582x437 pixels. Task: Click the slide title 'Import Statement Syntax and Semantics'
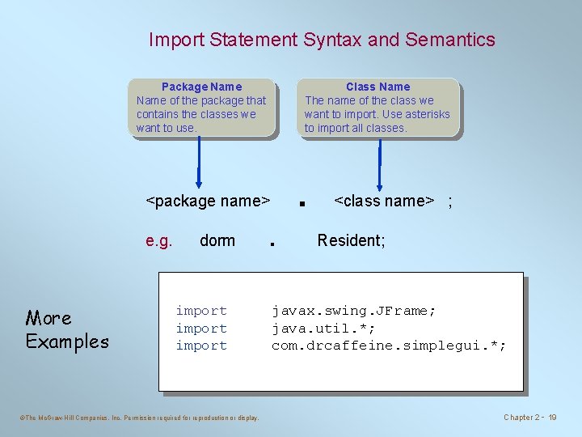click(x=322, y=40)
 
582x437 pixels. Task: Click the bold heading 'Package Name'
click(x=201, y=87)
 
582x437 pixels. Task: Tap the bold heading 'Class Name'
click(x=377, y=87)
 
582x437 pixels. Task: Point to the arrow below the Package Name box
click(x=199, y=163)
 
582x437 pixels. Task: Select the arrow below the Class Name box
click(x=377, y=163)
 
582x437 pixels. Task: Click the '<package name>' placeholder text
click(x=207, y=201)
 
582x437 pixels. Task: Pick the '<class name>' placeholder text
click(x=384, y=201)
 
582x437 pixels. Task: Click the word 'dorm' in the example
click(x=217, y=240)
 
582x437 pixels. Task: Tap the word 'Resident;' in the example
click(x=351, y=240)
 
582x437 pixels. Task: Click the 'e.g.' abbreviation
click(x=158, y=240)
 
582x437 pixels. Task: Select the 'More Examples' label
click(x=66, y=329)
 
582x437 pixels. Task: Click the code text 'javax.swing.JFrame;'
click(x=353, y=311)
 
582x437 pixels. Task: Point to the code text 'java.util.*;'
click(x=323, y=329)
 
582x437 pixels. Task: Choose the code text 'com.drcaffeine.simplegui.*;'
click(x=389, y=346)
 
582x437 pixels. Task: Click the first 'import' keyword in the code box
click(x=201, y=311)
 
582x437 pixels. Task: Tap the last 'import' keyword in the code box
click(x=201, y=346)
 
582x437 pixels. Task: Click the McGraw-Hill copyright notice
click(x=138, y=418)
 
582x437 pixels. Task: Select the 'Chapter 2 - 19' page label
click(x=530, y=418)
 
